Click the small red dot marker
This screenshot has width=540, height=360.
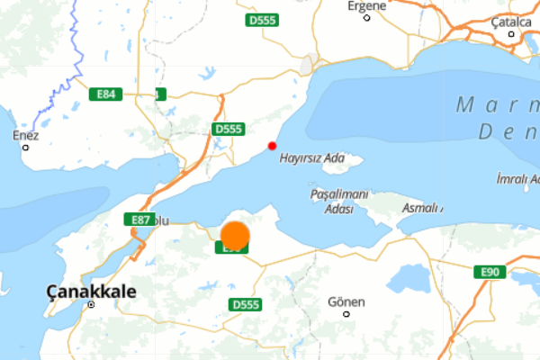(x=272, y=146)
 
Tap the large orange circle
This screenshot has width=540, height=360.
(x=235, y=235)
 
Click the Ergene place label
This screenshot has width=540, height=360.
(x=367, y=5)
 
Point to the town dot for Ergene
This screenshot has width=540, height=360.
(x=367, y=17)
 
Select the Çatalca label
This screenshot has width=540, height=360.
(x=510, y=21)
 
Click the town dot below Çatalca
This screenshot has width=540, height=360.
(x=511, y=34)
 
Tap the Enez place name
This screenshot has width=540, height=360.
(x=26, y=135)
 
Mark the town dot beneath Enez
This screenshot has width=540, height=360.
(x=25, y=147)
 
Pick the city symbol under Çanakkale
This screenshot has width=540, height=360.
(x=91, y=304)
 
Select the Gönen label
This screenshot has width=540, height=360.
(x=346, y=301)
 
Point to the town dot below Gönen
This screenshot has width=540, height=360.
(x=346, y=314)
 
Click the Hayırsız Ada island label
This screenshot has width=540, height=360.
(x=312, y=157)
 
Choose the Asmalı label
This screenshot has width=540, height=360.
(x=421, y=208)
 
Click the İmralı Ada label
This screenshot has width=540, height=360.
(x=517, y=179)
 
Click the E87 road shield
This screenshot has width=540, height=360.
(x=139, y=220)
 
